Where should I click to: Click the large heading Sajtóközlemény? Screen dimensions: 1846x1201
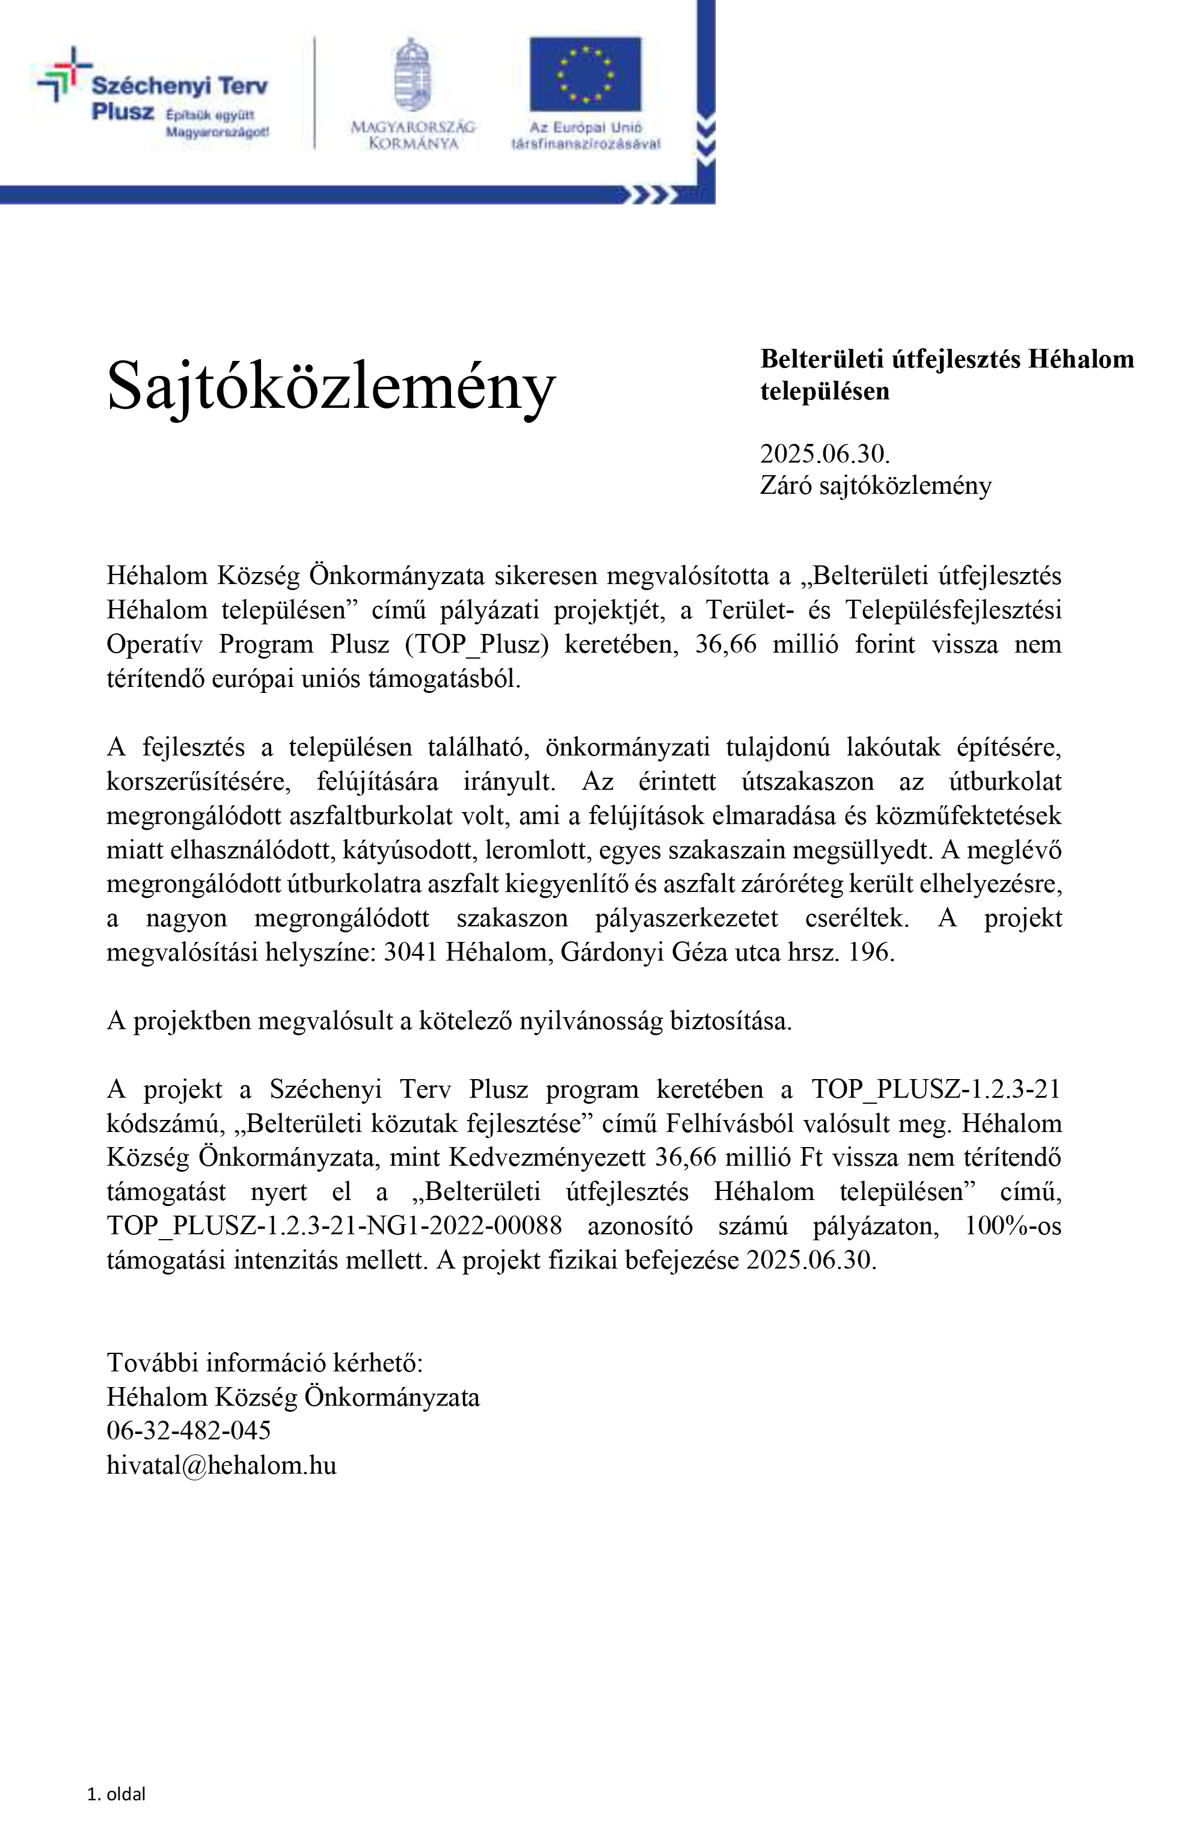click(330, 386)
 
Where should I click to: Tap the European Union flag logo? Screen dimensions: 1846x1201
click(585, 75)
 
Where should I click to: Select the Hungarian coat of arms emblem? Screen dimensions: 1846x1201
click(412, 75)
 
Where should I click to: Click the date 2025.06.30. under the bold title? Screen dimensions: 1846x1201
click(824, 453)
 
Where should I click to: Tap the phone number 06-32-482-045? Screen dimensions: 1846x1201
click(188, 1430)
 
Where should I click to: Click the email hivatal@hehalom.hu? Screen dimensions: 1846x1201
click(221, 1465)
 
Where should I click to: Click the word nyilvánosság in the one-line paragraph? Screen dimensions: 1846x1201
click(590, 1021)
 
